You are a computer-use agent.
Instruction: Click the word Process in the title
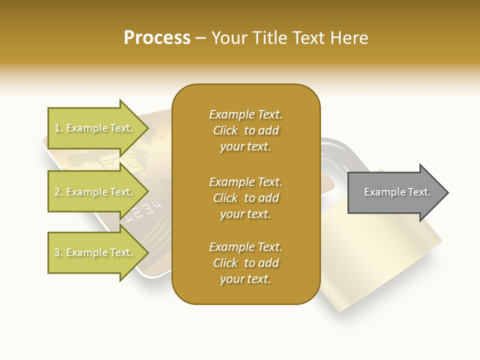pos(157,37)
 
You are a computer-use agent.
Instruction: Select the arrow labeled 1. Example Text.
pos(95,128)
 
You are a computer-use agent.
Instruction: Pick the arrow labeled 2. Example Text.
pos(95,192)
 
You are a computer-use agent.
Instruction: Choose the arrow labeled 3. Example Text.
pos(95,252)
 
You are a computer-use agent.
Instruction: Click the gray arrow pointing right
pos(397,192)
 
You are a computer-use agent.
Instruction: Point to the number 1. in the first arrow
pos(58,128)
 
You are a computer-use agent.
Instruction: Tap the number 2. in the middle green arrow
pos(58,192)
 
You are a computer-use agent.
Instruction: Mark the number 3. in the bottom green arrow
pos(58,252)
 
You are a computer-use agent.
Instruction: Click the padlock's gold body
pos(380,260)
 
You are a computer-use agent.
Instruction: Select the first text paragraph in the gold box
pos(245,130)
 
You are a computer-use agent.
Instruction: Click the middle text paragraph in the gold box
pos(245,197)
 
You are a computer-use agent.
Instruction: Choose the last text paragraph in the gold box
pos(245,263)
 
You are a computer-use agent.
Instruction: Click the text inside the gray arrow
pos(397,192)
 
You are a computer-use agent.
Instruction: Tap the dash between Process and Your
pos(201,38)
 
